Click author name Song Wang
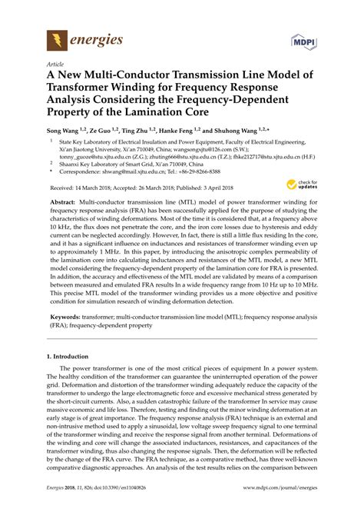coord(67,132)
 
